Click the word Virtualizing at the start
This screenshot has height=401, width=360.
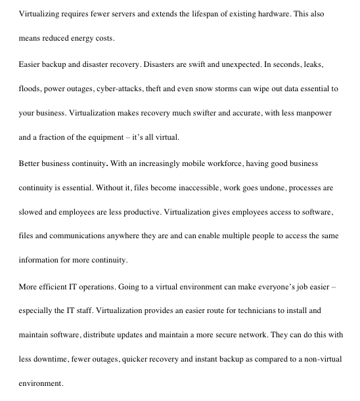[x=39, y=14]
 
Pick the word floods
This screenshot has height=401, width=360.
[x=30, y=89]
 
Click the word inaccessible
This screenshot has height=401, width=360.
[x=180, y=188]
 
